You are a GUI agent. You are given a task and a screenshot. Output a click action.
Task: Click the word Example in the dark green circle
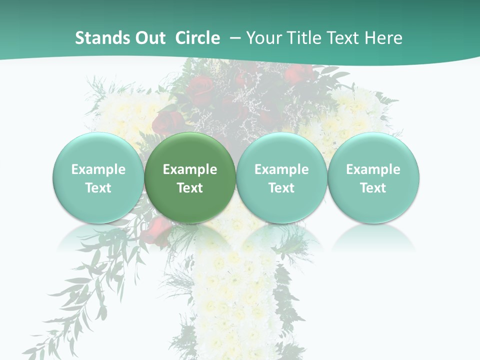tap(190, 169)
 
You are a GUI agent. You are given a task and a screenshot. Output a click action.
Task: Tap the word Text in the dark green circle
tap(190, 188)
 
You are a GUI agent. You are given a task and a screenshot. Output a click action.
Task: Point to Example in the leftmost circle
tap(98, 169)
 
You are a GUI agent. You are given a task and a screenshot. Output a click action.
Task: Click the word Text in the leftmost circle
tap(98, 188)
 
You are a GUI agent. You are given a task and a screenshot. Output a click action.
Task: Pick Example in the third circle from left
tap(281, 169)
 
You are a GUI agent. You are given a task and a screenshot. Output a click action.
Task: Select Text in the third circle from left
tap(281, 188)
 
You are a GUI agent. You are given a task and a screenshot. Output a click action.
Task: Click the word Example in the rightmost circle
tap(373, 169)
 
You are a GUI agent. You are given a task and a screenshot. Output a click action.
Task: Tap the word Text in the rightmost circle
tap(373, 188)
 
